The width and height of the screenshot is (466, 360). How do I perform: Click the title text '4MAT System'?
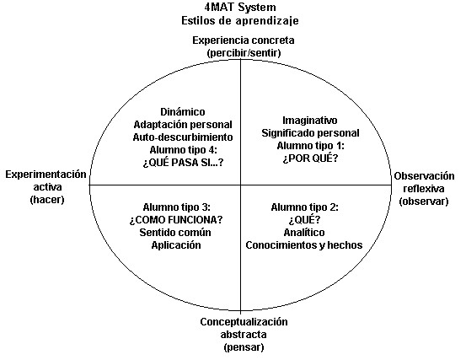240,7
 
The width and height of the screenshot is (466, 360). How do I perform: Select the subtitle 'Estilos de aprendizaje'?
240,21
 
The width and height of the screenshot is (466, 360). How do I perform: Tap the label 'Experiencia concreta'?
244,40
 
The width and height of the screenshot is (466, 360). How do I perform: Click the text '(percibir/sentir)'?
244,53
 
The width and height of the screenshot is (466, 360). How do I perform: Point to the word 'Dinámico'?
183,112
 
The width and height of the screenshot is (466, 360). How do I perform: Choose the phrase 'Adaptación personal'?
183,125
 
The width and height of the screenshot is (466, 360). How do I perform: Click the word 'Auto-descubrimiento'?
183,137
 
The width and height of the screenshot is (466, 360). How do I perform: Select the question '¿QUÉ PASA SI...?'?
183,163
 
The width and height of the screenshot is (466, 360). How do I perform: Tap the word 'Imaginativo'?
309,120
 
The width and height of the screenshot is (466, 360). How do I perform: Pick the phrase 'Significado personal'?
310,133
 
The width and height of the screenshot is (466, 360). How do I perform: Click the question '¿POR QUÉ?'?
310,159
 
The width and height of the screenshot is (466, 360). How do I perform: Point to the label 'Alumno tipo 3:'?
176,207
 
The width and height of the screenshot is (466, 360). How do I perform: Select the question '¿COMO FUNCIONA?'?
176,220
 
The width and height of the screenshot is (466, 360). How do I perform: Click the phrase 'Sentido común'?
175,232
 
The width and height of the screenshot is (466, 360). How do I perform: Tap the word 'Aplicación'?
176,245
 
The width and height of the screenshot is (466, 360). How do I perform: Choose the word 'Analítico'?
304,232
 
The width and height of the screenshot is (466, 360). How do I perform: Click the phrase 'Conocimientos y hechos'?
304,245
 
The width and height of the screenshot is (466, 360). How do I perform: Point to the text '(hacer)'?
47,200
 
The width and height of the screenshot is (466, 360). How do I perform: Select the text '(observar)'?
424,201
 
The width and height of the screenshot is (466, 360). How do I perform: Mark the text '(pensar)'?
244,347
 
